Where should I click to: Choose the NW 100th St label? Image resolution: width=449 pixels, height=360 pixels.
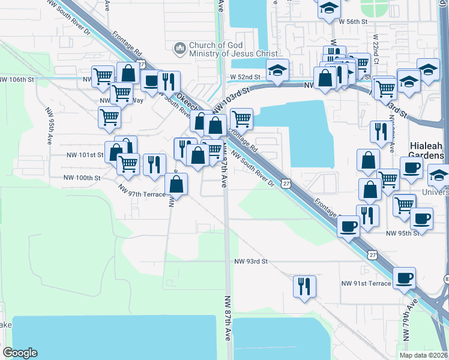coord(82,178)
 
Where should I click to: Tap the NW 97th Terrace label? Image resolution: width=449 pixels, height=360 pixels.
coord(142,194)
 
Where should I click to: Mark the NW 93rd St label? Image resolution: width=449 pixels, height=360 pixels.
coord(250,262)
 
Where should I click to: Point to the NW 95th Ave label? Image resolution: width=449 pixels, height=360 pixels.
coord(49,126)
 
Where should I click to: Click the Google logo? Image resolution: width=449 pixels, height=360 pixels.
coord(20,353)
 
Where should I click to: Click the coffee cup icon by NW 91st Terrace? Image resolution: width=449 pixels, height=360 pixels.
coord(404,277)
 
